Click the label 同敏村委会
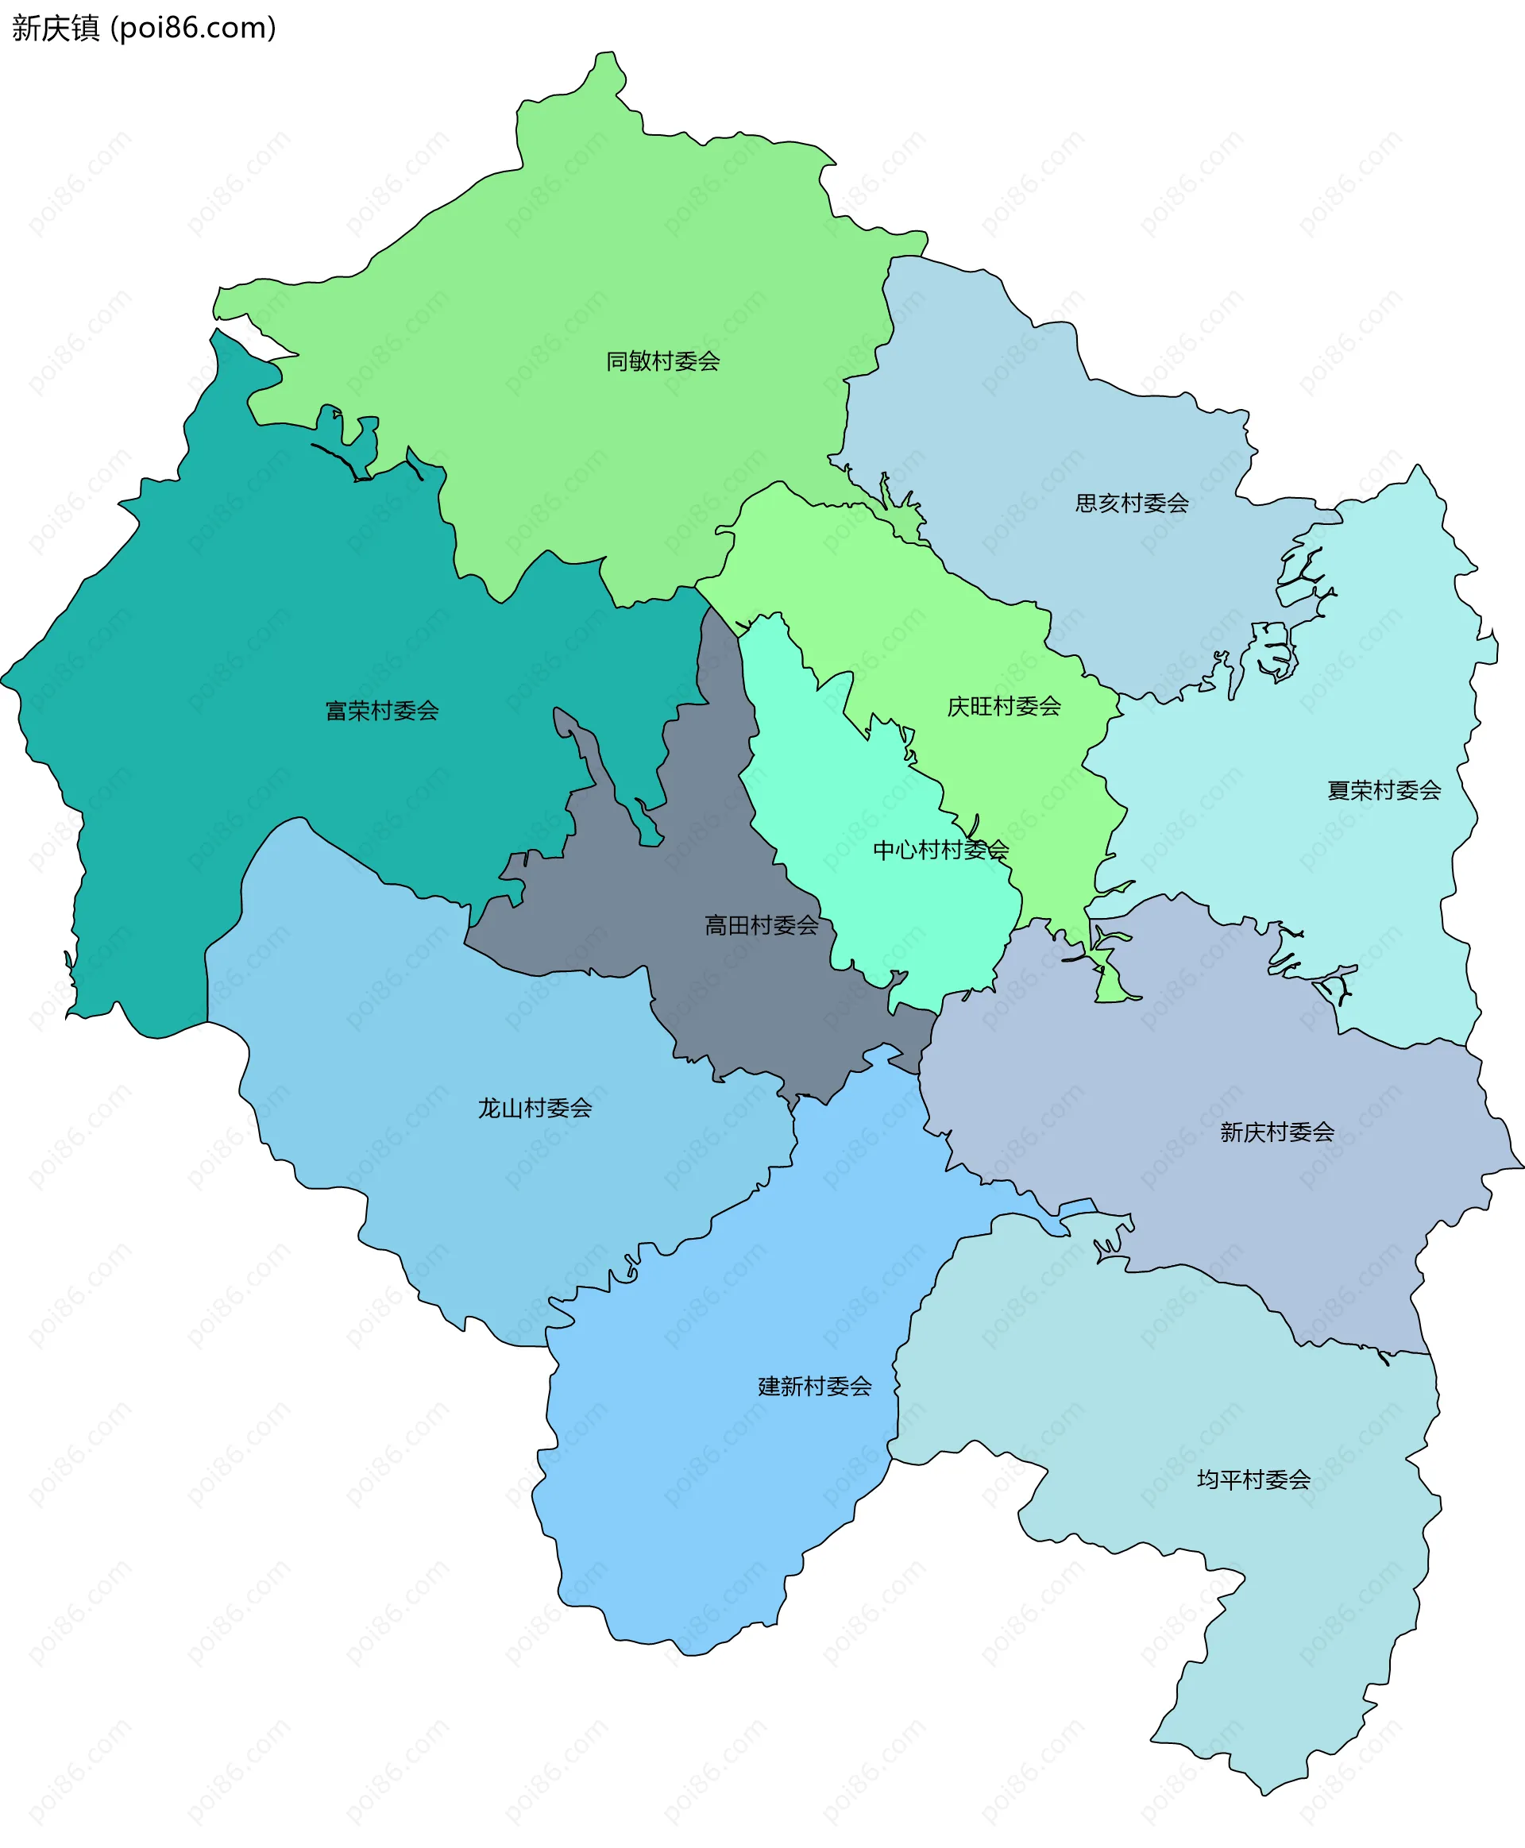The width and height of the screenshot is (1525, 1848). coord(662,361)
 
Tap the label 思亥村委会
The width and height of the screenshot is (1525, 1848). coord(1132,503)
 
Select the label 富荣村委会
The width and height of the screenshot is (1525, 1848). coord(381,711)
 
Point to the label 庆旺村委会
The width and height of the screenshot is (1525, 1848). coord(1003,706)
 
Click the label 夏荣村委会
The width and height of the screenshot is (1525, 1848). coord(1384,790)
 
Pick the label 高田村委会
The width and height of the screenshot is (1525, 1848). coord(761,925)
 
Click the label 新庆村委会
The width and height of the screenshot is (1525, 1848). coord(1276,1132)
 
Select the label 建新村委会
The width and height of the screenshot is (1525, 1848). coord(814,1386)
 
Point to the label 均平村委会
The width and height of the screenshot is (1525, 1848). coord(1253,1480)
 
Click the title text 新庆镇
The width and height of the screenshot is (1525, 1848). coord(56,28)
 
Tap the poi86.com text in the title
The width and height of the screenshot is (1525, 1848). coord(193,28)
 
